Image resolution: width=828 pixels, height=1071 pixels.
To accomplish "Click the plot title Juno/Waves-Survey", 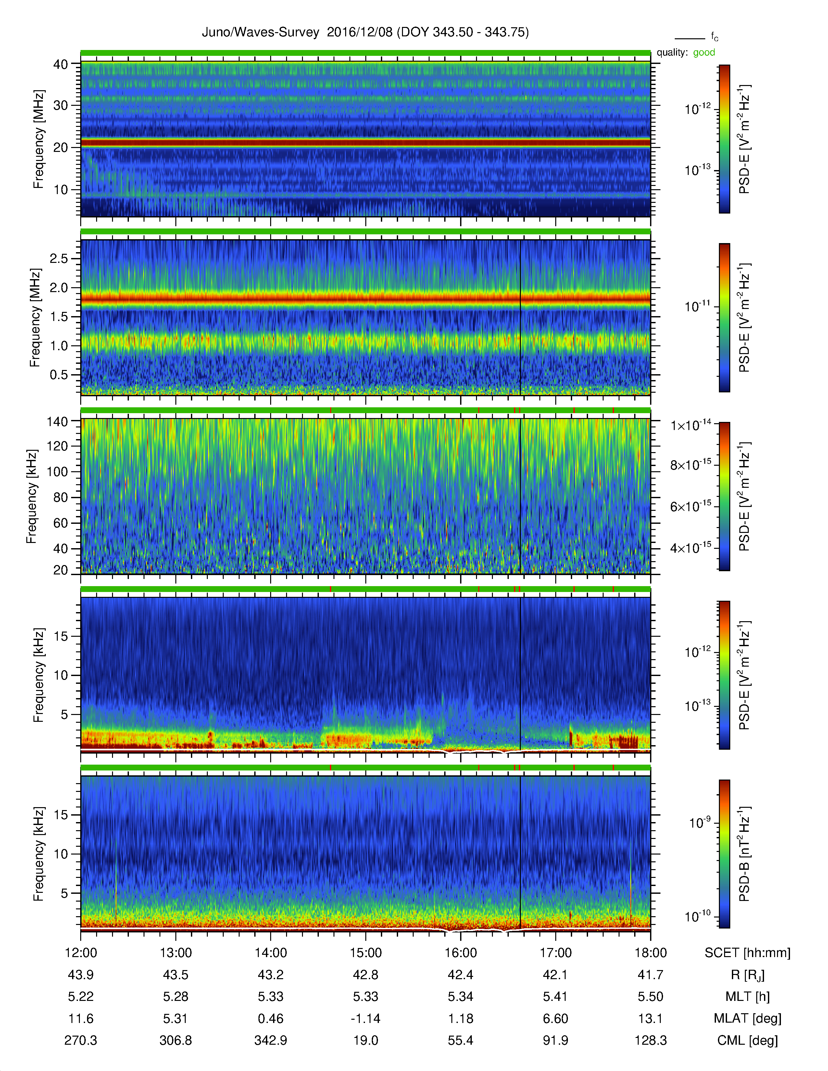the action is click(260, 32).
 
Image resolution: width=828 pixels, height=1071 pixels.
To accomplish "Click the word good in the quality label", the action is click(704, 53).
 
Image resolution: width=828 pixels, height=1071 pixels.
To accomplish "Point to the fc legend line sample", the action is click(690, 38).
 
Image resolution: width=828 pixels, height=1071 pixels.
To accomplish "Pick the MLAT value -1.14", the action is click(365, 1018).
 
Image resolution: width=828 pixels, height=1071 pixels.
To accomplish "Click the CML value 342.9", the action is click(271, 1040).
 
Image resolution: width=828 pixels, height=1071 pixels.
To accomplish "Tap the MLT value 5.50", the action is click(650, 996).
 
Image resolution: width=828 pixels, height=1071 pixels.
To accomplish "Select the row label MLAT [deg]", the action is click(747, 1018).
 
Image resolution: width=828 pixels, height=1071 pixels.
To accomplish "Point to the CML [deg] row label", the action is click(747, 1040).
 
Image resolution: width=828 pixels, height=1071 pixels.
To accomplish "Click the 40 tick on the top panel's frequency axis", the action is click(60, 64).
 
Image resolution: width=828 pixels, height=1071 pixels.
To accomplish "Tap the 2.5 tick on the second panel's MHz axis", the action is click(58, 258).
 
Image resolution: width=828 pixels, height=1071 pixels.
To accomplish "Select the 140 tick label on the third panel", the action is click(57, 421).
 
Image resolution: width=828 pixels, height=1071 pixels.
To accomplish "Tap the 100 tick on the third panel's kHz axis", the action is click(57, 472).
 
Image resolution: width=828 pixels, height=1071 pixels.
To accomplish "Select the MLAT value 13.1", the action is click(650, 1018).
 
